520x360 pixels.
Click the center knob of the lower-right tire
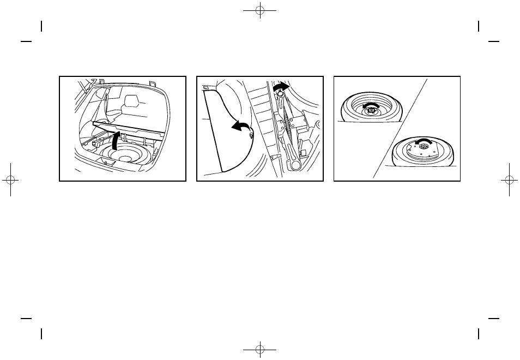pyautogui.click(x=422, y=148)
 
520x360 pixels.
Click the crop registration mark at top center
pyautogui.click(x=260, y=11)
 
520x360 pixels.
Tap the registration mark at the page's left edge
pyautogui.click(x=12, y=180)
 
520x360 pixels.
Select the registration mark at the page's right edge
pyautogui.click(x=508, y=180)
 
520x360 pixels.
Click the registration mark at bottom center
pyautogui.click(x=260, y=348)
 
